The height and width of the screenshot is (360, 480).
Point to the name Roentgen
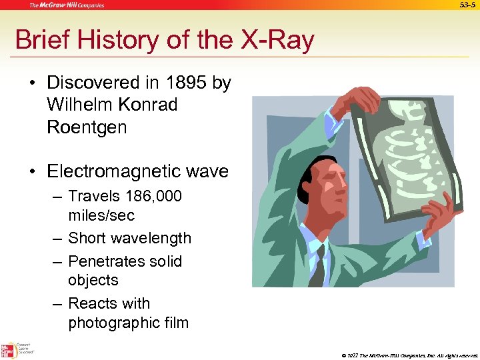pos(87,127)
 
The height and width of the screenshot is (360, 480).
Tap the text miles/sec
pos(101,215)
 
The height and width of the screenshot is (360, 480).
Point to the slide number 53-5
pos(468,5)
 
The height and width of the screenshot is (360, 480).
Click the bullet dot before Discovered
pos(32,83)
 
